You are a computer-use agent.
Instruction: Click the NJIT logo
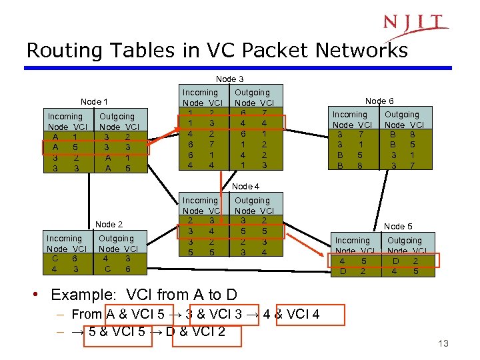tap(414, 23)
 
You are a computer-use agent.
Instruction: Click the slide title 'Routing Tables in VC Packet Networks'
tap(217, 51)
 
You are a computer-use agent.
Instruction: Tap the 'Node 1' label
tap(95, 102)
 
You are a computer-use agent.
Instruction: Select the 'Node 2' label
tap(109, 224)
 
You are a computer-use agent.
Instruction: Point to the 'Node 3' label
tap(229, 79)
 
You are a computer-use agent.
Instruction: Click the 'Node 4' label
tap(243, 187)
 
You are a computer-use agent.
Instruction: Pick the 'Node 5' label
tap(398, 227)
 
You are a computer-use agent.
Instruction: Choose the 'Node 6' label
tap(379, 101)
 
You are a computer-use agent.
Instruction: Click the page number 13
tap(443, 343)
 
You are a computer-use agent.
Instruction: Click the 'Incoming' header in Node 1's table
tap(65, 116)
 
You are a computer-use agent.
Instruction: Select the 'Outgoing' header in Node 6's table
tap(402, 114)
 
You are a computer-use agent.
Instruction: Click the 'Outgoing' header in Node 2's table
tap(116, 238)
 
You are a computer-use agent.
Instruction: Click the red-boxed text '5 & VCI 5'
tap(119, 332)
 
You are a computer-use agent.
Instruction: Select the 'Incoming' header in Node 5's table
tap(352, 240)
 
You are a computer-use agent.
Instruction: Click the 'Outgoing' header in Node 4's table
tap(253, 200)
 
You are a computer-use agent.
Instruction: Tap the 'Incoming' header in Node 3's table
tap(200, 92)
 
